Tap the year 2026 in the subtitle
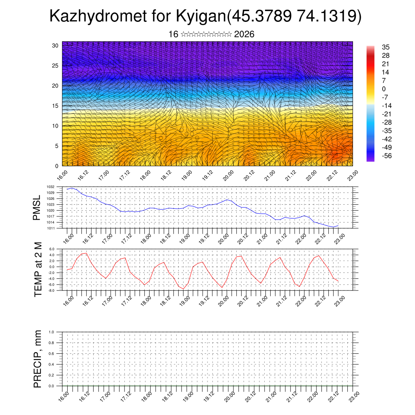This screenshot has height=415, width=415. coord(244,34)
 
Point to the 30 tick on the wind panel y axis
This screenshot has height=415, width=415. coord(55,45)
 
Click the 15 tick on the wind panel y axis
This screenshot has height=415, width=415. coord(55,106)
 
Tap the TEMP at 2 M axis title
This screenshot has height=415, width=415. coord(38,270)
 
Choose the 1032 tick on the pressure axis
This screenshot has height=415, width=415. coord(51,187)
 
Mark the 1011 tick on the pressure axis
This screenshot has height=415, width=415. coord(51,229)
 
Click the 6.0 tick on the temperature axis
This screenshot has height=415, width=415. coord(52,249)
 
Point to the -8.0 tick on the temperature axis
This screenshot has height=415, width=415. coord(51,291)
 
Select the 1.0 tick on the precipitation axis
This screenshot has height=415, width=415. coord(51,332)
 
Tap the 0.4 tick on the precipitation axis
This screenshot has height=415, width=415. coord(51,365)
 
